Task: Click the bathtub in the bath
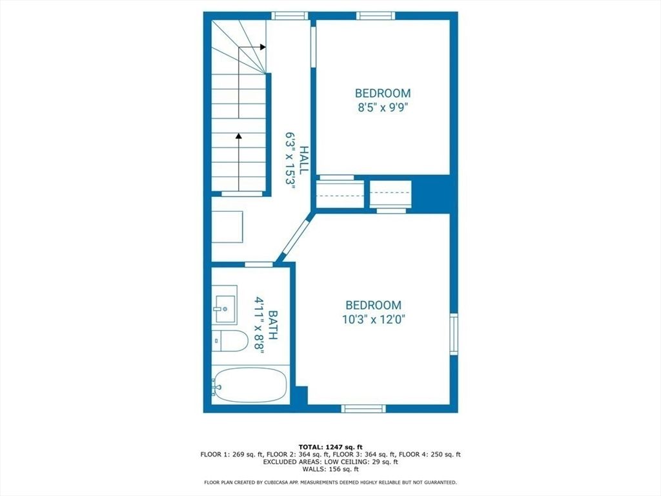[x=249, y=386]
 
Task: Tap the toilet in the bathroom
[x=230, y=340]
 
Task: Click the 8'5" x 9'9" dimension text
[x=382, y=107]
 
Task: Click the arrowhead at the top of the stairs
[x=262, y=47]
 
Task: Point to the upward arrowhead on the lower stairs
[x=239, y=136]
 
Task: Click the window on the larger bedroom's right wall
[x=454, y=334]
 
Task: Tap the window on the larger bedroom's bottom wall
[x=363, y=408]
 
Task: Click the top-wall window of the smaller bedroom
[x=376, y=16]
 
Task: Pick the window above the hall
[x=289, y=16]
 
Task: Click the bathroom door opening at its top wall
[x=259, y=264]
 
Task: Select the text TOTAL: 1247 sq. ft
[x=330, y=447]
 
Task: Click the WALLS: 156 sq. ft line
[x=330, y=469]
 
